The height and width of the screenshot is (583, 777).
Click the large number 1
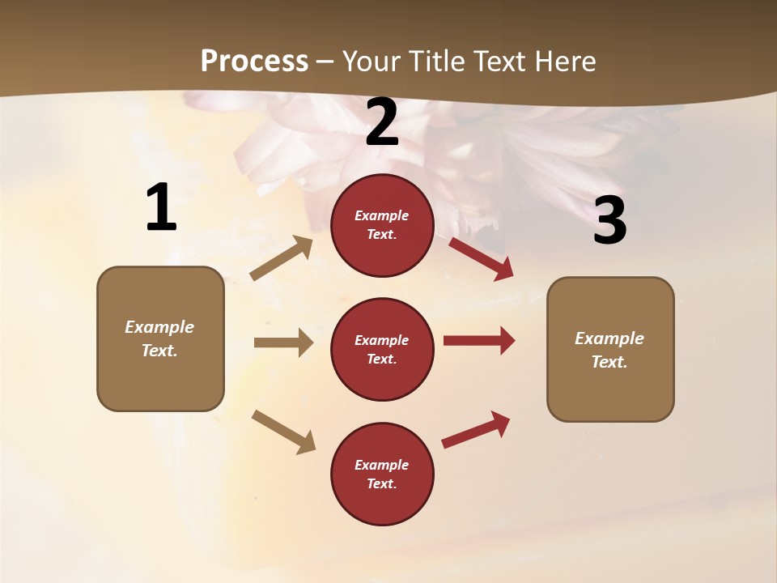coord(161,208)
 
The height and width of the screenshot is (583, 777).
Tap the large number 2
coord(382,123)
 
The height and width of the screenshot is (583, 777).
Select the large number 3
coord(609,221)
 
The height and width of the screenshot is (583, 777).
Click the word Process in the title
coord(254,61)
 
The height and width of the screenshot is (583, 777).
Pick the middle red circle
coord(382,349)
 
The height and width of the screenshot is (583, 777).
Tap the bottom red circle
coord(382,474)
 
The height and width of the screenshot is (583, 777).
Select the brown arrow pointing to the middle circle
coord(283,343)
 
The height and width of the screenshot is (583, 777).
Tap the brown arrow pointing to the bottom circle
coord(284,432)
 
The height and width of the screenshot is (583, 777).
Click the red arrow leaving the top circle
coord(481,258)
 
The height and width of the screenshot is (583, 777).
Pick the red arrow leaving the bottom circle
coord(476,429)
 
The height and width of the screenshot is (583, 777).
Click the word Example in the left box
coord(159,327)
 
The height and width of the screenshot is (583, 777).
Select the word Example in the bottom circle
coord(382,465)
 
